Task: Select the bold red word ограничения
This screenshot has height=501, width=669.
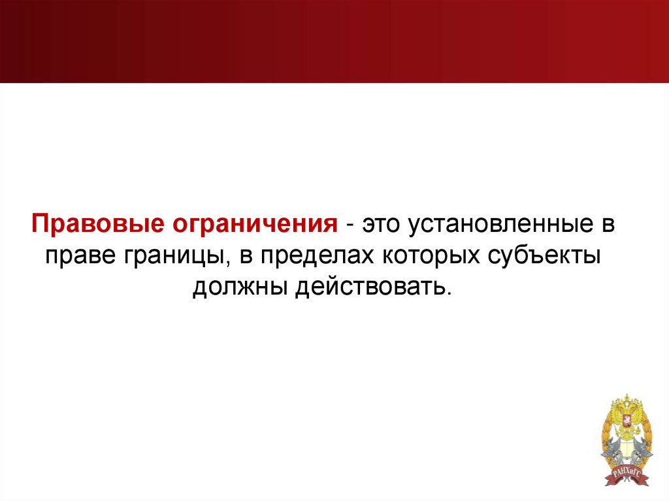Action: [253, 225]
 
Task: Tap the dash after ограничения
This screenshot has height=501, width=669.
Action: [351, 225]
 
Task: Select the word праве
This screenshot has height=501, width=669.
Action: [78, 255]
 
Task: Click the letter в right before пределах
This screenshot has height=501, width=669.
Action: [246, 255]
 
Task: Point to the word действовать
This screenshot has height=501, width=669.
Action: [369, 285]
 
